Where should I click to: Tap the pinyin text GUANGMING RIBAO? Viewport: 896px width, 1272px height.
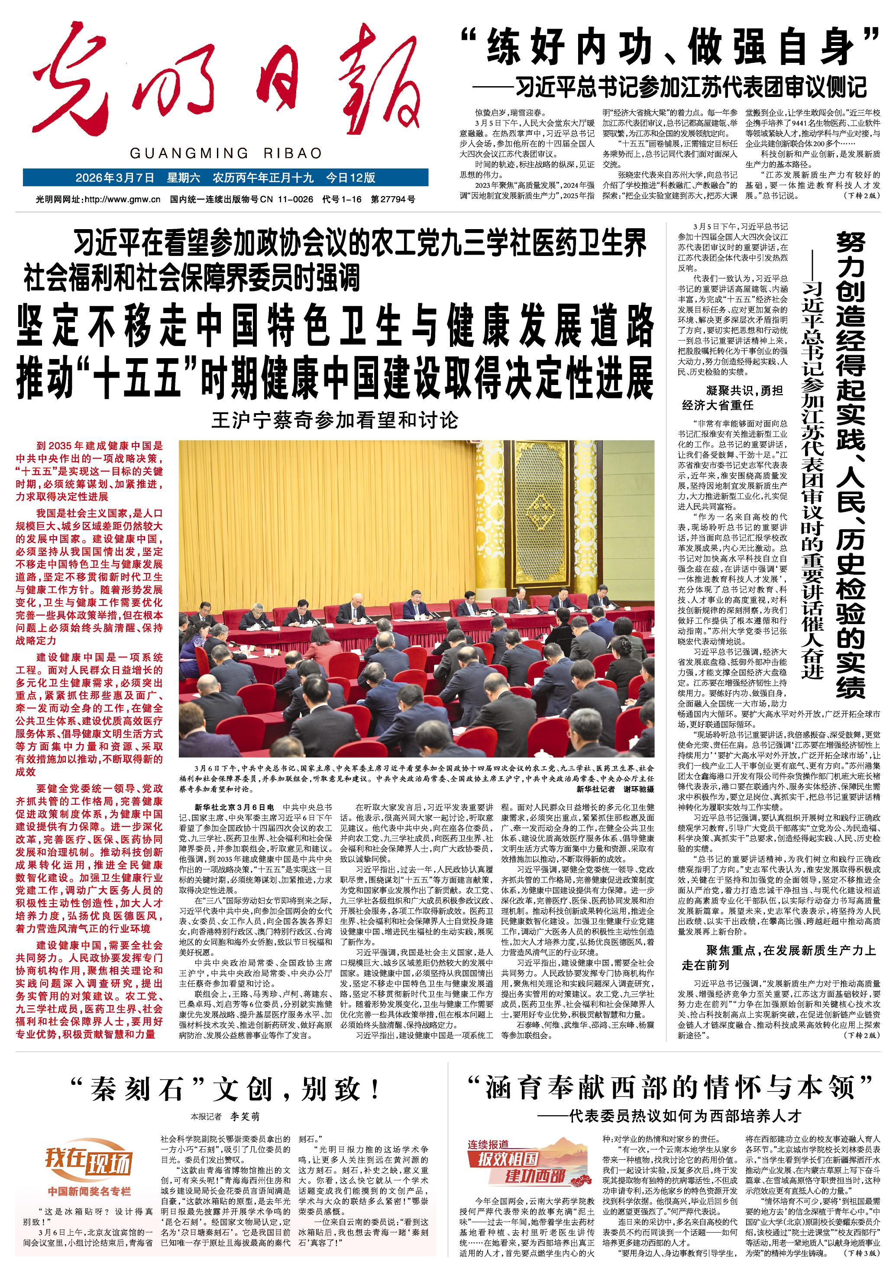click(x=226, y=153)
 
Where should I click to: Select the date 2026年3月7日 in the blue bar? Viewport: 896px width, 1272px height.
click(x=115, y=178)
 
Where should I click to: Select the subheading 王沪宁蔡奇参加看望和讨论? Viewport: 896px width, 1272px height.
click(x=335, y=420)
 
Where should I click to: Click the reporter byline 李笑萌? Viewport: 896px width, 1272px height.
click(x=245, y=1117)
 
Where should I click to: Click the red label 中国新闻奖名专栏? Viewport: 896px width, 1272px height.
click(x=89, y=1191)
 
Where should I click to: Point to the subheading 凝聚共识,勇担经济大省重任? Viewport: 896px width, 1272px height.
click(x=731, y=398)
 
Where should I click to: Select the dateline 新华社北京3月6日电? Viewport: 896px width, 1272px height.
click(x=234, y=807)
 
